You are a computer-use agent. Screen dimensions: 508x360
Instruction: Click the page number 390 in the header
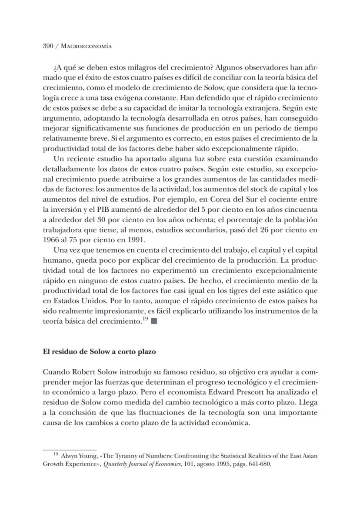pyautogui.click(x=48, y=47)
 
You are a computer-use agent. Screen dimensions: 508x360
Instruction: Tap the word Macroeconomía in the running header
pyautogui.click(x=86, y=47)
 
